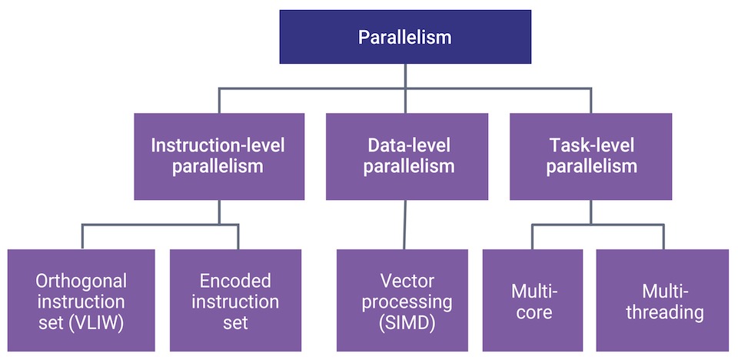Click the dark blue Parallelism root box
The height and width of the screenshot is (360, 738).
click(405, 37)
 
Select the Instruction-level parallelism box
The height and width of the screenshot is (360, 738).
click(219, 156)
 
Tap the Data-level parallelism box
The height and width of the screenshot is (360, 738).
click(407, 156)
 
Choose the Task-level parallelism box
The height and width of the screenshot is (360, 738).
click(590, 156)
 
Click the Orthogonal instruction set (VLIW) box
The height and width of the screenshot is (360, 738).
click(81, 300)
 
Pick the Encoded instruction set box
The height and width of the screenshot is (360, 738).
click(235, 300)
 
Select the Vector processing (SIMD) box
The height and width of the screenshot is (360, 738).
click(402, 300)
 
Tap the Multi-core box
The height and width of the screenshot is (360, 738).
click(533, 300)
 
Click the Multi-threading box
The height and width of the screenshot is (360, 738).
click(663, 300)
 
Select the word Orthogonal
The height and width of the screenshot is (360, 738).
click(81, 282)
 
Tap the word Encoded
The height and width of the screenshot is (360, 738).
click(235, 282)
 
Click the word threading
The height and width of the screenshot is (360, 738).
click(665, 312)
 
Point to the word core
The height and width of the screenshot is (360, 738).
click(532, 313)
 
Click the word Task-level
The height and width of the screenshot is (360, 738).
click(591, 145)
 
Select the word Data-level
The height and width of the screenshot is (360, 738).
click(407, 145)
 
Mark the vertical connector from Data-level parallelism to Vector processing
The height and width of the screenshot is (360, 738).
click(404, 225)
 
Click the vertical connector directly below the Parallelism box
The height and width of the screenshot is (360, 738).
click(405, 76)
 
